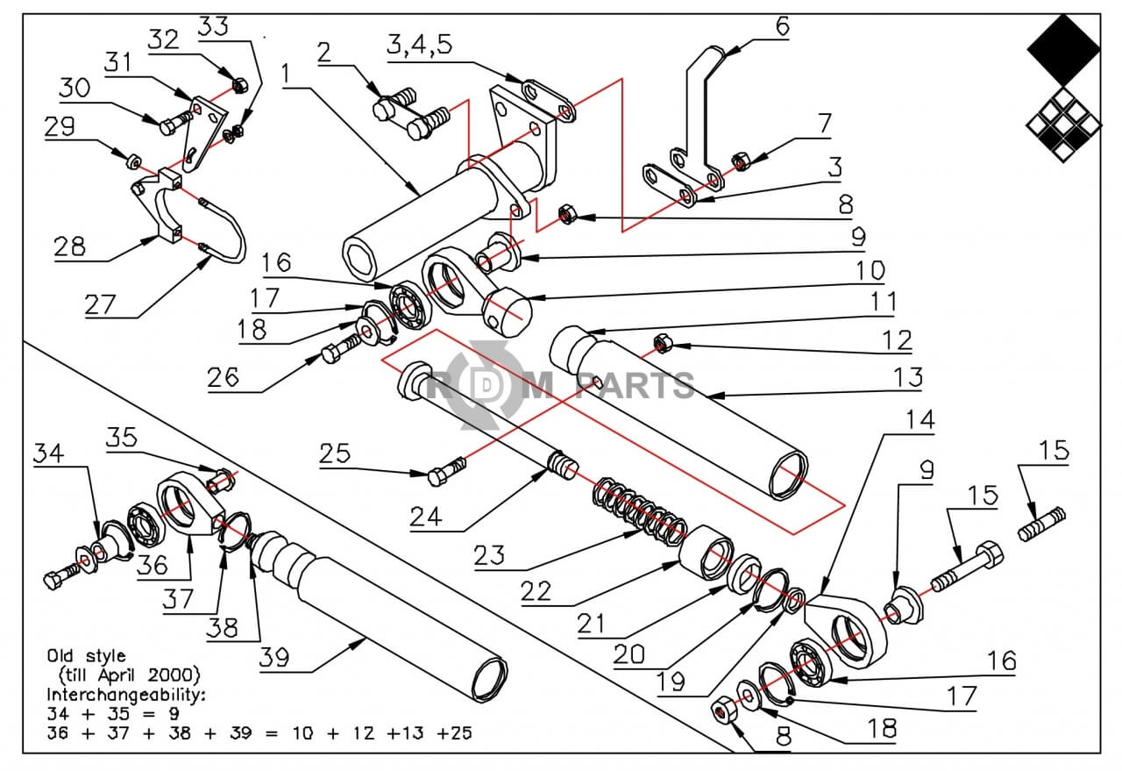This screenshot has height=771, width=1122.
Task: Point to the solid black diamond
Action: click(x=1063, y=50)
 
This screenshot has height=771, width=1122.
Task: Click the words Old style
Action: click(x=86, y=655)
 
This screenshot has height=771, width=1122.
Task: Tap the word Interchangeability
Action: click(x=124, y=694)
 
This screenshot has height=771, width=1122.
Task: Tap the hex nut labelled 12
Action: click(x=663, y=342)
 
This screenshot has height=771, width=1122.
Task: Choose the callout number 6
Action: click(x=782, y=25)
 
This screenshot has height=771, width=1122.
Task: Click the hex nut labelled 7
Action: click(x=741, y=162)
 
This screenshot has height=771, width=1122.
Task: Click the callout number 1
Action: click(x=285, y=72)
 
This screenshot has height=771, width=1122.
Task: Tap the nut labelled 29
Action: click(x=132, y=161)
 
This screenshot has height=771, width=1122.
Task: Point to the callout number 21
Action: click(x=594, y=625)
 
